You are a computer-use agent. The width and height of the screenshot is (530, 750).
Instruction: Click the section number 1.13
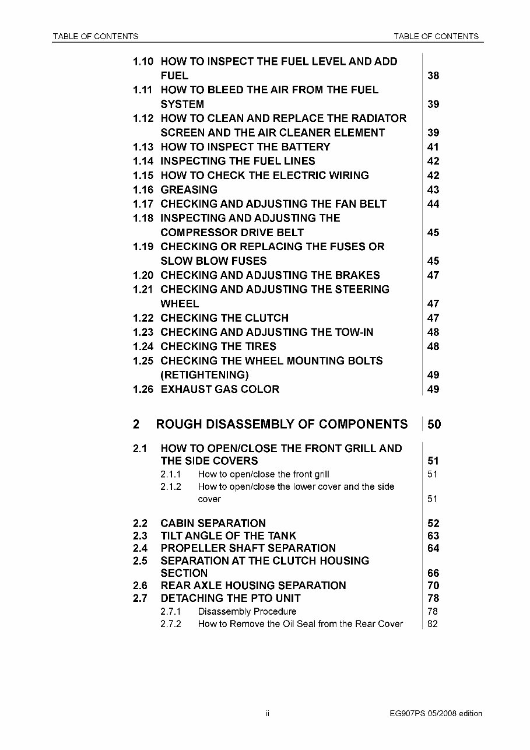click(x=143, y=147)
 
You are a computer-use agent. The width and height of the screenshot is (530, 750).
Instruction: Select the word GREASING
click(x=189, y=190)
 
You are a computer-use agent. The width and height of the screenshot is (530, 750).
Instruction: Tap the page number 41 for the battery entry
click(x=433, y=147)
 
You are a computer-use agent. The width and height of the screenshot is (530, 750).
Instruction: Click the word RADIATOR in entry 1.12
click(x=379, y=118)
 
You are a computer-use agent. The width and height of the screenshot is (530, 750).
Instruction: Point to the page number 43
click(x=433, y=190)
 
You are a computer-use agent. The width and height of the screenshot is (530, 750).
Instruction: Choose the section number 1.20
click(x=143, y=275)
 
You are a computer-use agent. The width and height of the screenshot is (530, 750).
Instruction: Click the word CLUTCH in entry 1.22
click(x=266, y=318)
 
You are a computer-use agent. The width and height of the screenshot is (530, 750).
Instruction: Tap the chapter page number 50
click(x=434, y=425)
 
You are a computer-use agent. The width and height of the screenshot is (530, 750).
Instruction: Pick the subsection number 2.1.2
click(x=171, y=486)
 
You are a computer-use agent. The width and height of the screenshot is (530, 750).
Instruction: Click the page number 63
click(x=433, y=536)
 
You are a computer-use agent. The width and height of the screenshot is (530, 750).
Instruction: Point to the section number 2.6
click(x=140, y=586)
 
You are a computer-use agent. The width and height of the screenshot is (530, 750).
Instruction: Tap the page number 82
click(x=433, y=624)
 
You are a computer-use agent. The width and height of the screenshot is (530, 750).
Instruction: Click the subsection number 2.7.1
click(x=171, y=612)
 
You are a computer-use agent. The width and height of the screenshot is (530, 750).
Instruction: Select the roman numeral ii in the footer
click(x=267, y=713)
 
